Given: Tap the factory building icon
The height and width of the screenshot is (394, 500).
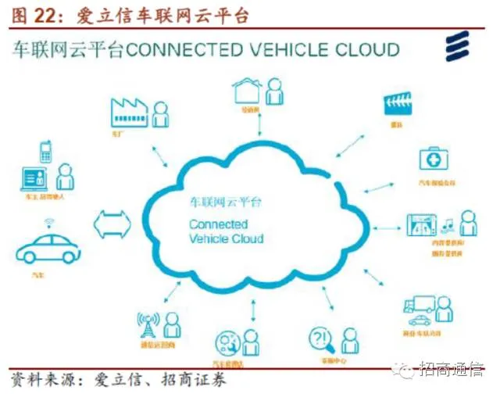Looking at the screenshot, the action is (130, 113).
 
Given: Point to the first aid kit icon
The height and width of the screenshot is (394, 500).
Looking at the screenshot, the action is (434, 159).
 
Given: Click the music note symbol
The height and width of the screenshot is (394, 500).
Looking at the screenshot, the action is (448, 227).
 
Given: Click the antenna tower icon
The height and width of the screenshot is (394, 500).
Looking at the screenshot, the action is (149, 326).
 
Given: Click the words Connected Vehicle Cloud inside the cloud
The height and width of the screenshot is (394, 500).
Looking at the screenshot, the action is (227, 231).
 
